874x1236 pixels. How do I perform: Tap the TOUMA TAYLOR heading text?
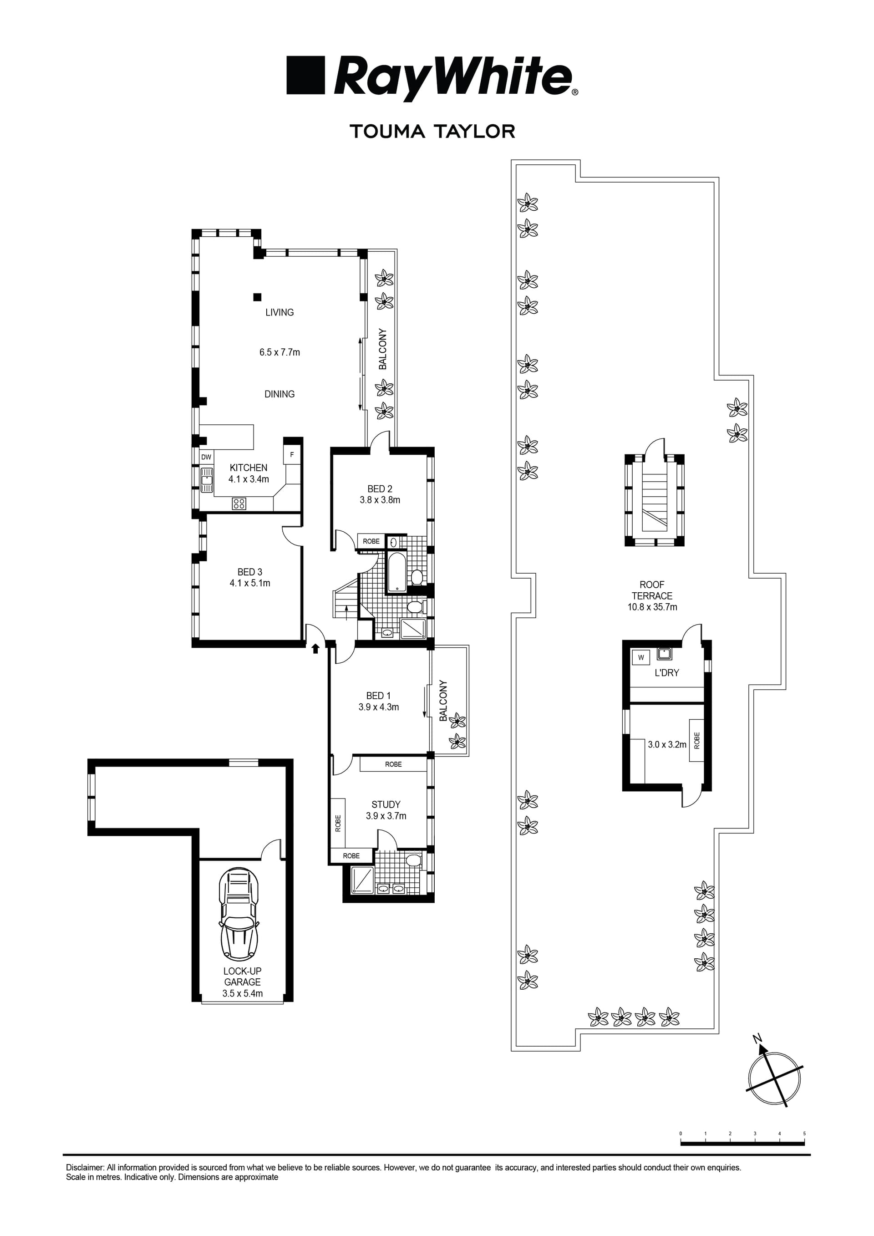point(433,132)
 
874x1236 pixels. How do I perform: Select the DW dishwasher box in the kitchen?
point(206,457)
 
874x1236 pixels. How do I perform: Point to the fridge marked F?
point(292,455)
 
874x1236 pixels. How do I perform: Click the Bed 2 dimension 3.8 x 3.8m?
point(380,500)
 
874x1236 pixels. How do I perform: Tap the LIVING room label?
point(279,312)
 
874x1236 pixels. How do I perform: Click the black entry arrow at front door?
point(316,649)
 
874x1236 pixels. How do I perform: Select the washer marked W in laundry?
point(641,657)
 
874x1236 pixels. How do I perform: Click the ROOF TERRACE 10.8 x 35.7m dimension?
point(652,607)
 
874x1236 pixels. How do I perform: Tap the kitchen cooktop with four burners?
point(239,504)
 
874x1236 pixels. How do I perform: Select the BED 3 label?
point(250,572)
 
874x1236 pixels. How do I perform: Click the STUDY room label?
point(386,805)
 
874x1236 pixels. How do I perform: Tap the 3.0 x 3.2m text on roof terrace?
point(667,745)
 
